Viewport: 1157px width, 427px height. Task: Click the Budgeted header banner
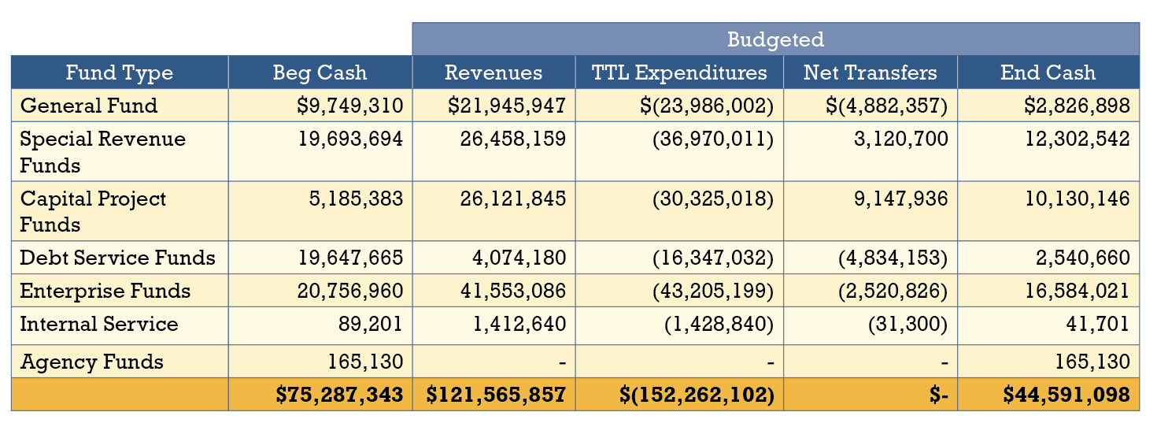tap(775, 39)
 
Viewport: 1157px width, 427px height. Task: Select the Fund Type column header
tap(120, 73)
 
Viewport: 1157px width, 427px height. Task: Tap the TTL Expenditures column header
tap(679, 73)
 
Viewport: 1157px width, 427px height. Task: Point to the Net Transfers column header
tap(870, 73)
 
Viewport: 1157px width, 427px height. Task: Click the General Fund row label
tap(89, 106)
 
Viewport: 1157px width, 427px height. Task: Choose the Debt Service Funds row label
tap(117, 258)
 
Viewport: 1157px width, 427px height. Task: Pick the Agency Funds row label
tap(92, 362)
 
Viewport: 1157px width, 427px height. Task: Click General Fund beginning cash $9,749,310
tap(350, 106)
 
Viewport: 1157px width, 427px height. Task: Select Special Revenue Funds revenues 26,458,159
tap(512, 139)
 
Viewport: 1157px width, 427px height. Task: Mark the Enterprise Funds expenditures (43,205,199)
tap(713, 291)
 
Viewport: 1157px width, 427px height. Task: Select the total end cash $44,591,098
tap(1066, 395)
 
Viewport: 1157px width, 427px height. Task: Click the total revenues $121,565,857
tap(496, 395)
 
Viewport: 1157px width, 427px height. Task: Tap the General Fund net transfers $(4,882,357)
tap(880, 106)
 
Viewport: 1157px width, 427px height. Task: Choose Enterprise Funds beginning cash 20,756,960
tap(350, 291)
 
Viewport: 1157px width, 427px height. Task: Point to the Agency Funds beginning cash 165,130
tap(365, 362)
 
